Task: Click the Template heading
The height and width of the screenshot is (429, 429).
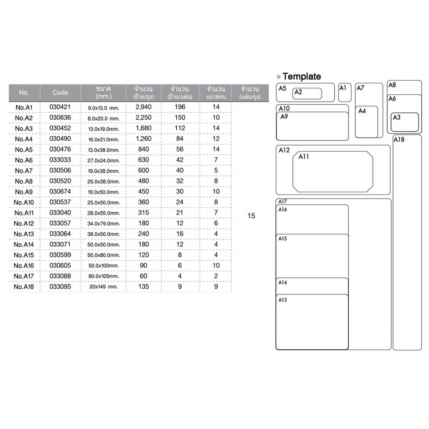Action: (301, 77)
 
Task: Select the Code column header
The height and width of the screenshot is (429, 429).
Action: (60, 92)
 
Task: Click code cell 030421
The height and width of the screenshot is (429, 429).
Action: (60, 107)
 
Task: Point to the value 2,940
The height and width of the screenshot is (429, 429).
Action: (143, 107)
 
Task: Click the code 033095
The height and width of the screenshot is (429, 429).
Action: (60, 287)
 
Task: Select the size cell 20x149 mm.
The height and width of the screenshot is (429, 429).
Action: (104, 287)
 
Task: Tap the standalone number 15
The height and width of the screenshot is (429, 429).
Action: (251, 216)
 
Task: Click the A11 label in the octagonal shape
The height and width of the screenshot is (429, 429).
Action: (304, 157)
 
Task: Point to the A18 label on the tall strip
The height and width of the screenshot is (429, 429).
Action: (398, 139)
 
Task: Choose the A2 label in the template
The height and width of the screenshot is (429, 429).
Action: (298, 92)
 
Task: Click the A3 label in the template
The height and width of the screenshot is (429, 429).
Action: (396, 117)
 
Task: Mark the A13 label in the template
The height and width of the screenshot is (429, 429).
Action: (283, 300)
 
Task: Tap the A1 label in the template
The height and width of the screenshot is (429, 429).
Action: (343, 87)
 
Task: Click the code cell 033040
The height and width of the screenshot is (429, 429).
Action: (60, 213)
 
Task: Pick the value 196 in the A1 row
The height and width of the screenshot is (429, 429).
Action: (180, 107)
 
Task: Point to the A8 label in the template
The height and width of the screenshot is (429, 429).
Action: (392, 85)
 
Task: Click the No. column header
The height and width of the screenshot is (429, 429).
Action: (24, 92)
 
